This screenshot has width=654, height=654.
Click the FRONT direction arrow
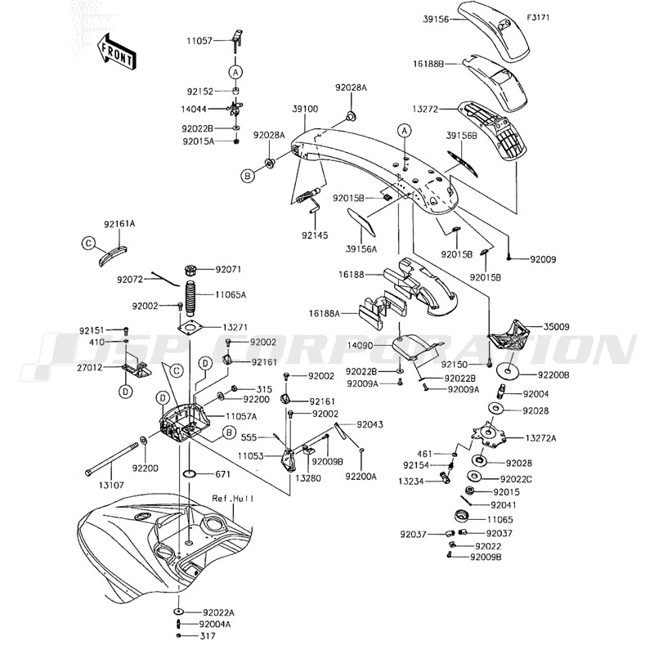tap(115, 50)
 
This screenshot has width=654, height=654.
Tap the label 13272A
tap(540, 438)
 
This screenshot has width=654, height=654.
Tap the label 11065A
tap(231, 293)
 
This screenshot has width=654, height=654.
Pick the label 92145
tap(313, 235)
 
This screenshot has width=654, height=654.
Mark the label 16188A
tap(325, 312)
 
